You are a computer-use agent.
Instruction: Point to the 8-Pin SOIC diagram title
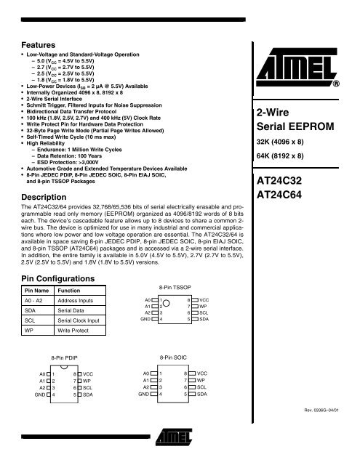172,357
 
